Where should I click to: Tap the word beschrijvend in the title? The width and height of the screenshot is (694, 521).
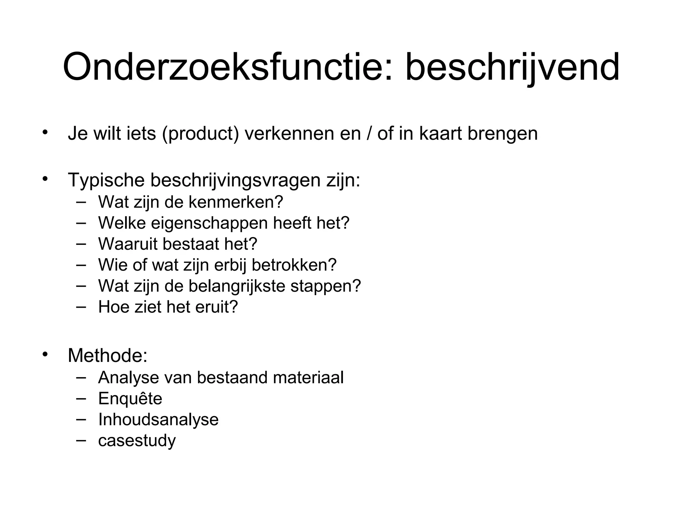(512, 67)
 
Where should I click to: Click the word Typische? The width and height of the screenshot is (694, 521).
(106, 180)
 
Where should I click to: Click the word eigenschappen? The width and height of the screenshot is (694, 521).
(209, 223)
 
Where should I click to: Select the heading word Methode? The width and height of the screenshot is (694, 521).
(107, 355)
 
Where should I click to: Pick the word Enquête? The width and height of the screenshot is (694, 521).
(130, 398)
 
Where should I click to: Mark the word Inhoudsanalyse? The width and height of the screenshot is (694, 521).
(158, 419)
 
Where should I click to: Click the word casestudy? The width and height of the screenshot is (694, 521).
(137, 441)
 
